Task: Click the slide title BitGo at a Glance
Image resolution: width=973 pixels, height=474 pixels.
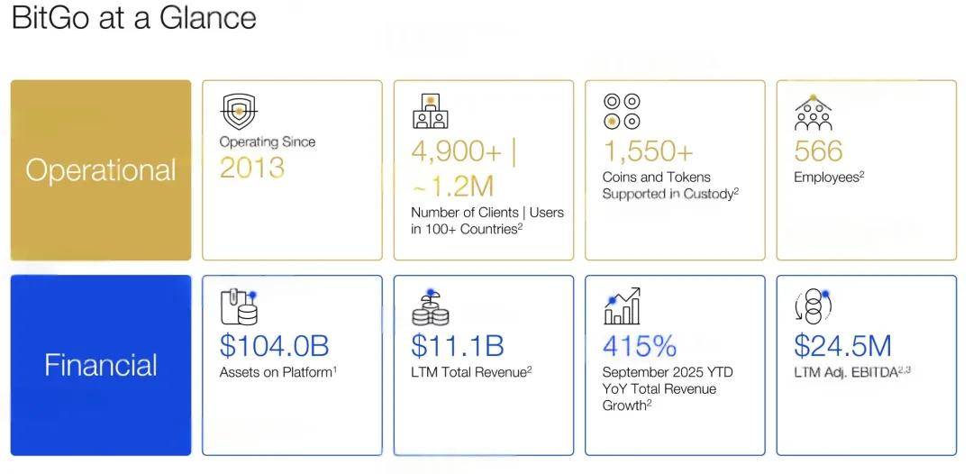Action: pyautogui.click(x=133, y=18)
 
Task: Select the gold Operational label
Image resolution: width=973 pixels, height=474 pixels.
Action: pyautogui.click(x=101, y=170)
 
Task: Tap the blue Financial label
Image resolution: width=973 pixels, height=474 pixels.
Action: pyautogui.click(x=101, y=365)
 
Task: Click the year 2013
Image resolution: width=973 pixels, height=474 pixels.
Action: pyautogui.click(x=252, y=168)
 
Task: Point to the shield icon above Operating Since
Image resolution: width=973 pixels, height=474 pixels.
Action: pyautogui.click(x=238, y=113)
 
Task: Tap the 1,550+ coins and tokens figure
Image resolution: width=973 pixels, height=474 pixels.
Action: pyautogui.click(x=649, y=150)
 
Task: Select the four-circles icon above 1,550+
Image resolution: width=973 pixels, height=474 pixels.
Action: pyautogui.click(x=622, y=111)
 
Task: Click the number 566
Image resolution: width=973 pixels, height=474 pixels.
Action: pyautogui.click(x=818, y=150)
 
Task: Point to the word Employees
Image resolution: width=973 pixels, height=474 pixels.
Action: pyautogui.click(x=826, y=178)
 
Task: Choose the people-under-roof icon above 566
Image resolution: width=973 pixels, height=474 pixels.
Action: pyautogui.click(x=813, y=113)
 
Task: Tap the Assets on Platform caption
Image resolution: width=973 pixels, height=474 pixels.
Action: pyautogui.click(x=277, y=372)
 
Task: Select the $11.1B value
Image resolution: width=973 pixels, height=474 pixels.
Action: pyautogui.click(x=457, y=346)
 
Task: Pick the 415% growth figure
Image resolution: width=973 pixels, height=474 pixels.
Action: pyautogui.click(x=640, y=346)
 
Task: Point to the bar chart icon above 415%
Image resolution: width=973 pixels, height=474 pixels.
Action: pyautogui.click(x=622, y=307)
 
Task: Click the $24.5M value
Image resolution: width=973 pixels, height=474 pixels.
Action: pyautogui.click(x=843, y=346)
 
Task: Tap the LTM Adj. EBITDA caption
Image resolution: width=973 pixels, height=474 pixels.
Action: pyautogui.click(x=852, y=372)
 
